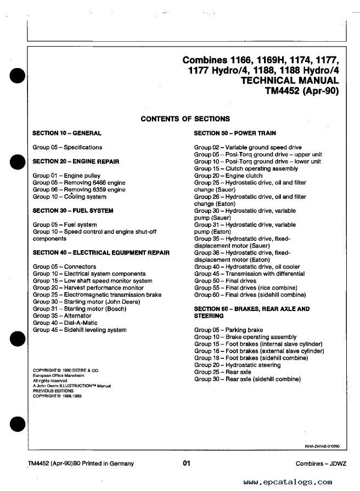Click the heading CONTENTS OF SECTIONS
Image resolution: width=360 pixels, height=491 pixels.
click(x=185, y=119)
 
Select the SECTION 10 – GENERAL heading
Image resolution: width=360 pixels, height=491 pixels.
click(x=67, y=133)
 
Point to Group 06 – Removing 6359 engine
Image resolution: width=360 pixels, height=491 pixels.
click(x=79, y=189)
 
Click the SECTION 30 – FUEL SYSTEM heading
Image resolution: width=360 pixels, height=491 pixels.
click(x=73, y=211)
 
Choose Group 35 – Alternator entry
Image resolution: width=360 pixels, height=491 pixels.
click(x=62, y=316)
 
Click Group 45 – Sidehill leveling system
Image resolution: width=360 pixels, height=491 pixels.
click(x=80, y=330)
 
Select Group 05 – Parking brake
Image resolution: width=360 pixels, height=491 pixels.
click(x=228, y=330)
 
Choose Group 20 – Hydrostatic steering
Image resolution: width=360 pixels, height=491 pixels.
click(x=237, y=365)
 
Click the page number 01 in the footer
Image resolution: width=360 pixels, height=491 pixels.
click(x=187, y=464)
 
